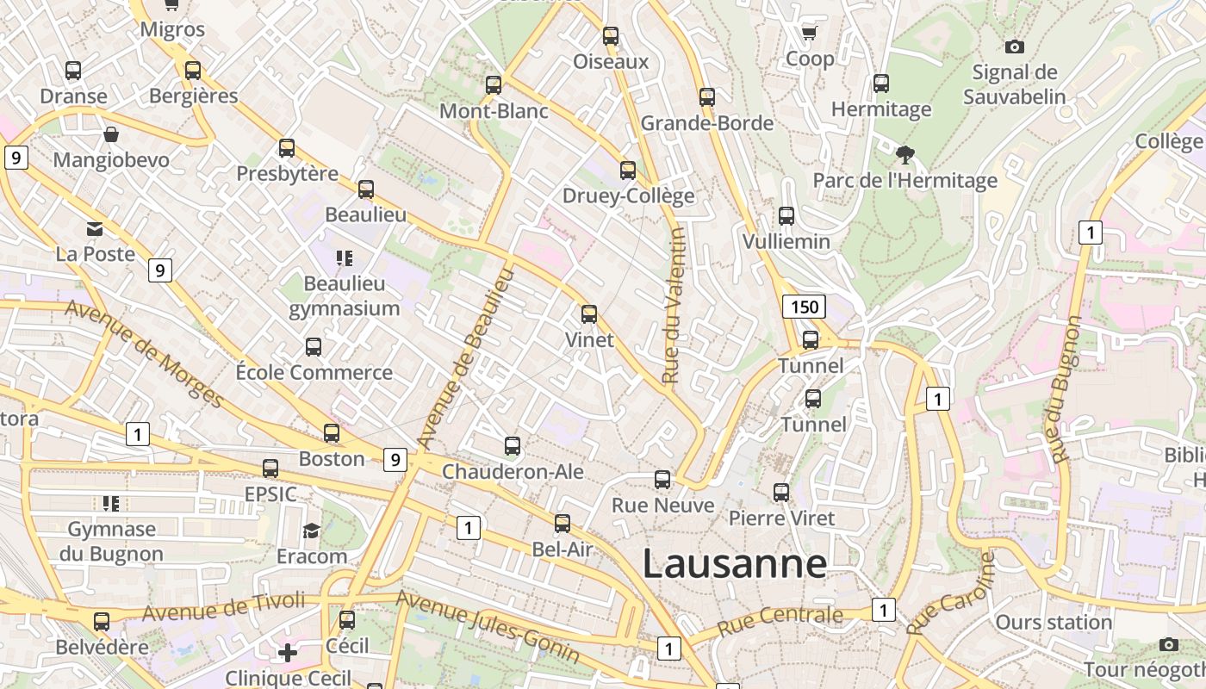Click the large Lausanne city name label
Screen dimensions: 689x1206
734,564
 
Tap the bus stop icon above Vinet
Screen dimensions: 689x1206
589,314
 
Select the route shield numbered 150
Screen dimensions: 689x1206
804,307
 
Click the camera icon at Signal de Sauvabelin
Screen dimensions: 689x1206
1015,47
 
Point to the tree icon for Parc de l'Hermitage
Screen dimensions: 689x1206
904,155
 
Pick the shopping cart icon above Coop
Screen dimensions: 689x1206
809,33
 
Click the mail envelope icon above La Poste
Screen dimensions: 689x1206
95,229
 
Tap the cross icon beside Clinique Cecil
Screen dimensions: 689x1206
288,653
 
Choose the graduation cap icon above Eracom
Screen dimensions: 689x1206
311,531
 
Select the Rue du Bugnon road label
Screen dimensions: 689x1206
1063,389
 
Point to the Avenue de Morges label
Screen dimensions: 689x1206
144,354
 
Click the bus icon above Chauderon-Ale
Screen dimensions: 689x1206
513,446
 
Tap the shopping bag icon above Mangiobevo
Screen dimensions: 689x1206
111,134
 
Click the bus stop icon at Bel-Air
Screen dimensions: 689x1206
563,523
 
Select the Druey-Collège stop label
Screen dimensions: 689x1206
628,196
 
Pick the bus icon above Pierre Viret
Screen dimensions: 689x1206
781,493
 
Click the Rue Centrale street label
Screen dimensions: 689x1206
780,618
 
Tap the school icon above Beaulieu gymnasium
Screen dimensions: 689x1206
345,258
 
